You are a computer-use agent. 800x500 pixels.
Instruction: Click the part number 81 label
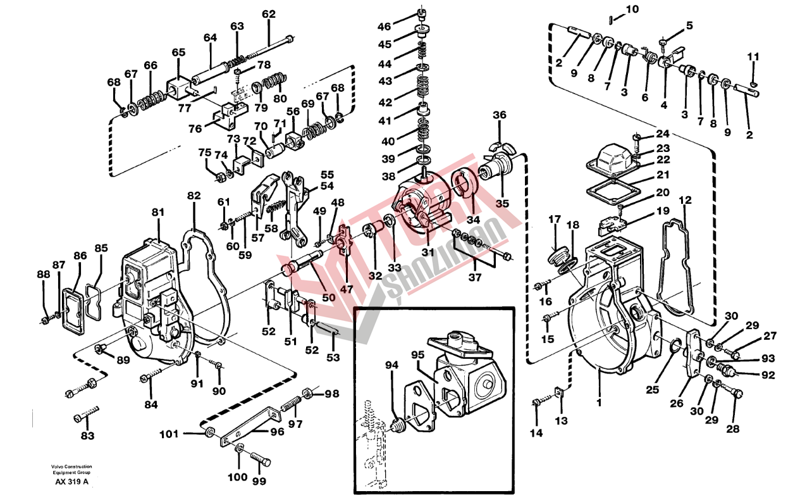click(158, 212)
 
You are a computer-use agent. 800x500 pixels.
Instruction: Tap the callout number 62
click(269, 15)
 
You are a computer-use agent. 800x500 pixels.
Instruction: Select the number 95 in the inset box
click(417, 354)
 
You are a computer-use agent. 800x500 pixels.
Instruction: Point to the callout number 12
click(685, 200)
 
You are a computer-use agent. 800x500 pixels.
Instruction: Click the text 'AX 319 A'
click(72, 482)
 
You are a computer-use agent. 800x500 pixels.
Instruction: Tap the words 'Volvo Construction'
click(71, 466)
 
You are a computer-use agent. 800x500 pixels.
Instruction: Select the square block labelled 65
click(178, 87)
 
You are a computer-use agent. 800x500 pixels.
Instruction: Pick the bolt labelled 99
click(261, 459)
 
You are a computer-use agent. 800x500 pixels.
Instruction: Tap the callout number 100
click(238, 477)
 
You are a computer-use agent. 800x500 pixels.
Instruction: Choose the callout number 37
click(475, 277)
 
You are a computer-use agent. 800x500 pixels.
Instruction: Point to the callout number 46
click(385, 27)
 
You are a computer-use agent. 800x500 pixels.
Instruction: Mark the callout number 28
click(733, 428)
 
